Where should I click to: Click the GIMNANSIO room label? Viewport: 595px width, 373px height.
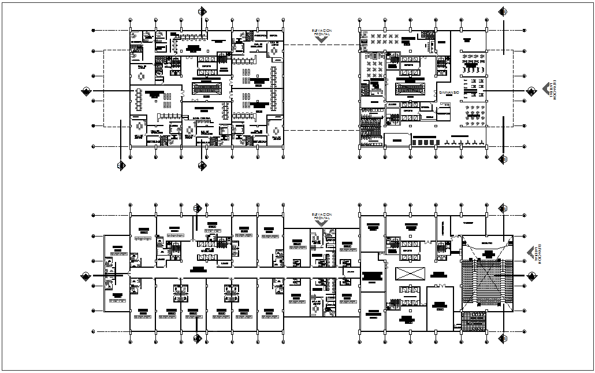449,93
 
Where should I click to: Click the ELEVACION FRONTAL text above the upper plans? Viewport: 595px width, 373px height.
322,32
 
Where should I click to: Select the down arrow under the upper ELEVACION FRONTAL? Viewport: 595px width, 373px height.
322,40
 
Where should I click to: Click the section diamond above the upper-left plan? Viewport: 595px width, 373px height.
202,12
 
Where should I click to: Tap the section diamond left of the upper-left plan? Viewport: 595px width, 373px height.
86,91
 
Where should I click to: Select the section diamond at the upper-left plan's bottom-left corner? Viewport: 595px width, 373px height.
121,167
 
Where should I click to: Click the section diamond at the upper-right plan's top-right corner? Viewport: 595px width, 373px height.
503,12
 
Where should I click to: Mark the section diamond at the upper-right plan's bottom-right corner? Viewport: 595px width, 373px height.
503,159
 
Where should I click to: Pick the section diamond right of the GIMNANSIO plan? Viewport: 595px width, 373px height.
533,91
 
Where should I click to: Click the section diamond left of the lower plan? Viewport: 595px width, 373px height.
86,276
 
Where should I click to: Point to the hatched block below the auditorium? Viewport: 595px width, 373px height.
474,320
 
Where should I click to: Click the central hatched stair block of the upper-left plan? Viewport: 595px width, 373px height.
207,88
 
